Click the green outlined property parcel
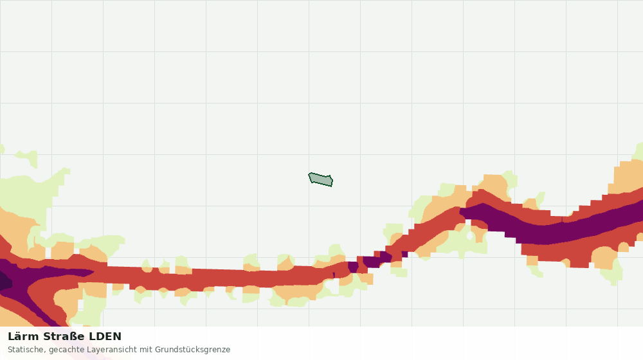[321, 179]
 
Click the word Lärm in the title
[23, 337]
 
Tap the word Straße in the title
[64, 337]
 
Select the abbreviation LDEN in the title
[105, 337]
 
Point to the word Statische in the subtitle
[26, 350]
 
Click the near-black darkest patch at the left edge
[4, 282]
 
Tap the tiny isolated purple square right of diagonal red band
[404, 254]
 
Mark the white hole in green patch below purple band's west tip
[469, 236]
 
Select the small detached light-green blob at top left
[27, 158]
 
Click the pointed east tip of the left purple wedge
[94, 272]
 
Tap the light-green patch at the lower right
[613, 272]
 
